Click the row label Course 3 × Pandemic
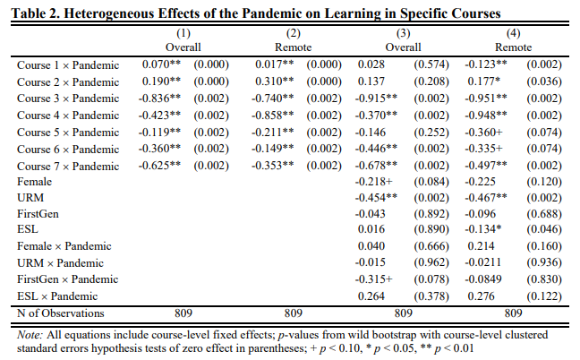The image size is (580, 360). (68, 99)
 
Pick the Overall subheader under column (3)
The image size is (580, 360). (399, 47)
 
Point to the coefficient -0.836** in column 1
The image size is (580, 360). (161, 99)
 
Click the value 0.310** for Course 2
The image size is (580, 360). (270, 82)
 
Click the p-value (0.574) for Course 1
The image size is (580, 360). (430, 65)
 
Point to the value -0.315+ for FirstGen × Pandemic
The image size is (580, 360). (376, 279)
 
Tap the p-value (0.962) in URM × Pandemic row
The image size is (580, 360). (430, 263)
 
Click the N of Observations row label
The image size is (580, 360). (61, 313)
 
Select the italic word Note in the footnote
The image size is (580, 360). (29, 334)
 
